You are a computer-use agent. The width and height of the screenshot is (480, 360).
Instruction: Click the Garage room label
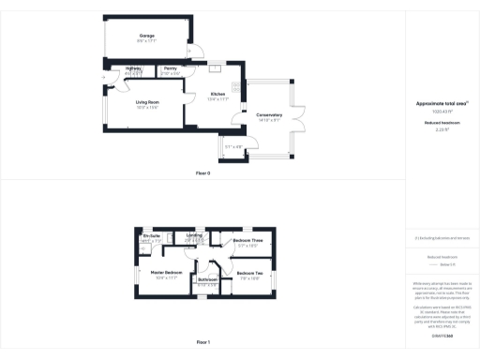[x=147, y=35]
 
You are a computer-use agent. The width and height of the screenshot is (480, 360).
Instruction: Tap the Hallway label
[x=133, y=68]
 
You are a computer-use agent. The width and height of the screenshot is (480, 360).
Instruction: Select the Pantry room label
[x=171, y=68]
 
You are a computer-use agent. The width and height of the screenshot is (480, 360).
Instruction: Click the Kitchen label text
[x=217, y=94]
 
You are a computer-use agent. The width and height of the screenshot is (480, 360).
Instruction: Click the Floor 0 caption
[x=202, y=173]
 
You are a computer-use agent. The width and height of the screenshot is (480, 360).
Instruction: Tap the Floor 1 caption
[x=202, y=342]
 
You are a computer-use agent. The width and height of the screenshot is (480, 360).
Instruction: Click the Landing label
[x=194, y=234]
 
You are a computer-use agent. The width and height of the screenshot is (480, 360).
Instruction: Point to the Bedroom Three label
[x=246, y=240]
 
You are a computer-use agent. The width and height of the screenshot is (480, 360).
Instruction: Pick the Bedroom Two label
[x=249, y=273]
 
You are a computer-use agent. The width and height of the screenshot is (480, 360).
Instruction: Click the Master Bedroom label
[x=166, y=273]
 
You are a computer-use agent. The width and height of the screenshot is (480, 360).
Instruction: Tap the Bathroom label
[x=207, y=278]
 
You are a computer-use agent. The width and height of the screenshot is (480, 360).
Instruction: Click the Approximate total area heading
[x=440, y=103]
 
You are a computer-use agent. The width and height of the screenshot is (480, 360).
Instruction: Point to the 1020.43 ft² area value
[x=440, y=112]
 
